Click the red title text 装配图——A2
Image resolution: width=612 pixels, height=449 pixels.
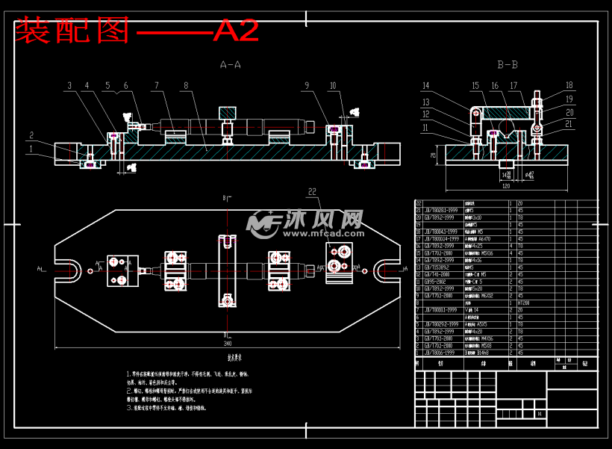point(137,30)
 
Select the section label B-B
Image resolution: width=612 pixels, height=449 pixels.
point(508,65)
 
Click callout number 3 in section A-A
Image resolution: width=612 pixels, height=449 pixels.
point(69,86)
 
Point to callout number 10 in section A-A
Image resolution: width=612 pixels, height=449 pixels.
point(333,86)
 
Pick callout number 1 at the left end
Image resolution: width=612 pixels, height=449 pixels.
point(31,149)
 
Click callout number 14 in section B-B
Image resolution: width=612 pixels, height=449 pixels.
point(426,85)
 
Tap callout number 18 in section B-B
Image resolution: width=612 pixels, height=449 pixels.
point(569,85)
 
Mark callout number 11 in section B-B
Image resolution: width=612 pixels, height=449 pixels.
point(426,128)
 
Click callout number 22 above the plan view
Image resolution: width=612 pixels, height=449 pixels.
point(312,192)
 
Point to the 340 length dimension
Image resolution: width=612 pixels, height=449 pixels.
point(226,344)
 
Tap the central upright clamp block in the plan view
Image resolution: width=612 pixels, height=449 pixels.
point(228,270)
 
